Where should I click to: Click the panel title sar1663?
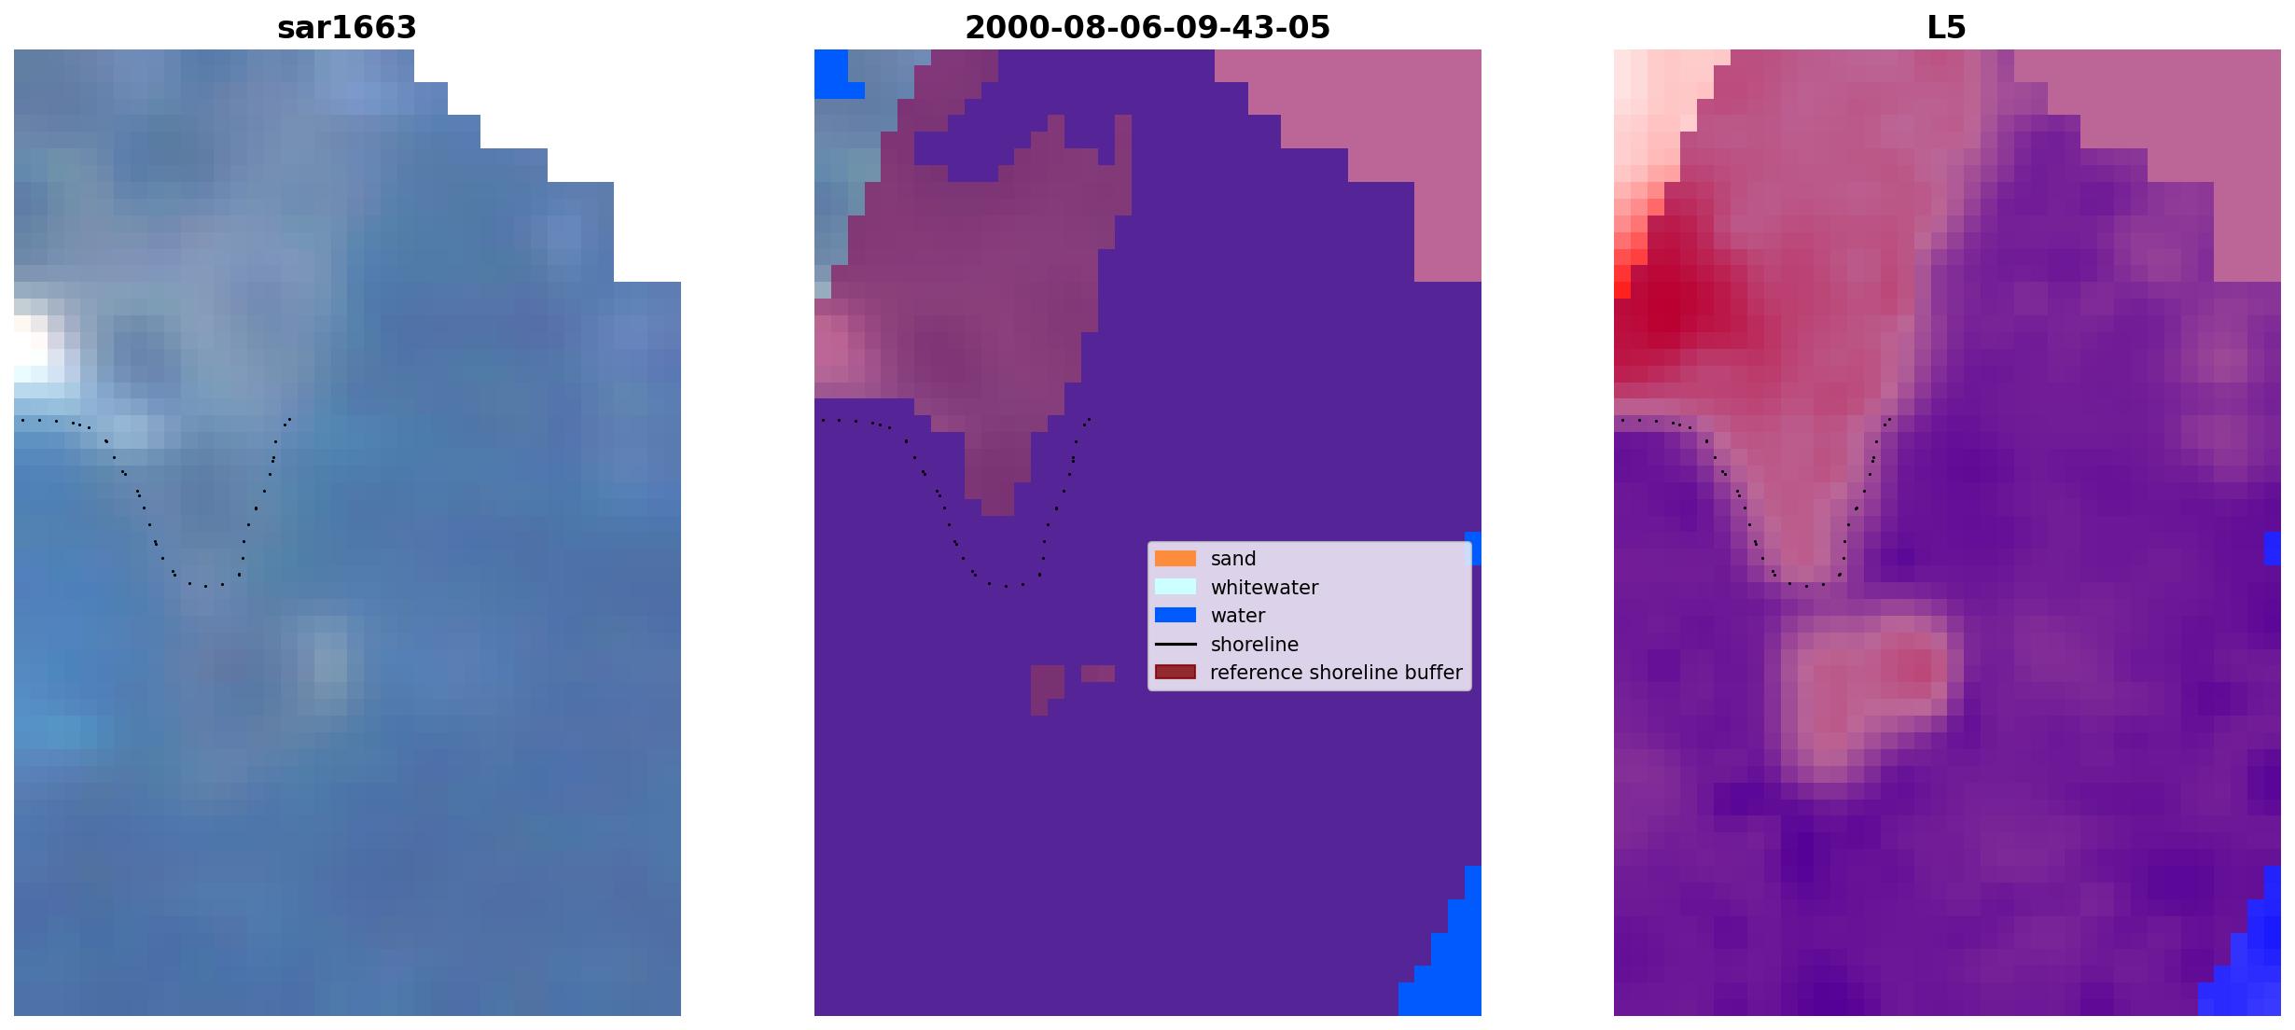[x=347, y=28]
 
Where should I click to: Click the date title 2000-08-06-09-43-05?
[x=1147, y=28]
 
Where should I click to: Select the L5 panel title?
[x=1947, y=28]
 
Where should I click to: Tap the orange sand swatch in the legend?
[x=1175, y=559]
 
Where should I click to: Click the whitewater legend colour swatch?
[x=1175, y=587]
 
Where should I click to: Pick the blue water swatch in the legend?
[x=1175, y=615]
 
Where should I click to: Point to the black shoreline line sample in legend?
[x=1175, y=644]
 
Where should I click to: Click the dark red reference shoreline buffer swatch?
[x=1175, y=672]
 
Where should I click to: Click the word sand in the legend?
[x=1233, y=559]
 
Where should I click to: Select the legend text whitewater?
[x=1264, y=588]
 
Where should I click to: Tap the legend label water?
[x=1238, y=616]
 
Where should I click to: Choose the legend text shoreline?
[x=1255, y=645]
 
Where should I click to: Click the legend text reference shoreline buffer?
[x=1336, y=673]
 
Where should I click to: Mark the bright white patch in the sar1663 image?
[x=37, y=350]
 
